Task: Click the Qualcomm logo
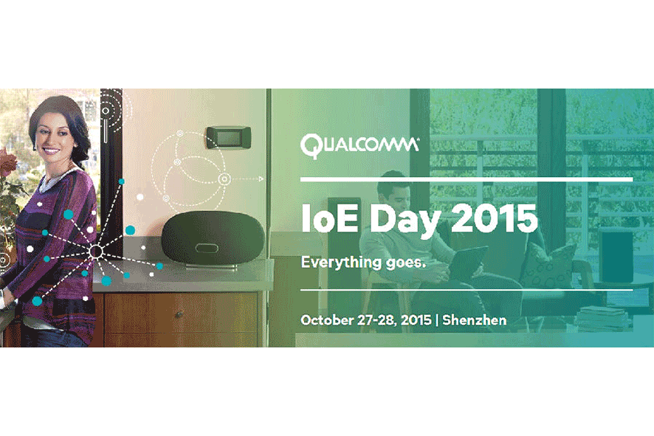click(x=359, y=146)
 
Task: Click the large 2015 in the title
click(x=495, y=218)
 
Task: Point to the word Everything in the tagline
click(x=341, y=263)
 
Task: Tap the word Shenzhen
click(x=475, y=320)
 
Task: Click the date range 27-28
click(x=376, y=320)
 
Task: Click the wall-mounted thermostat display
click(x=229, y=137)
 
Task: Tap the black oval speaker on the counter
click(x=213, y=238)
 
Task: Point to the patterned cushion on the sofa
click(x=548, y=265)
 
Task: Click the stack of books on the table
click(x=605, y=318)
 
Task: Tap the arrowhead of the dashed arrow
click(x=261, y=179)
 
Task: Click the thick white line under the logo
click(x=467, y=180)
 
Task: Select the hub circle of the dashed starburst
click(x=97, y=252)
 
